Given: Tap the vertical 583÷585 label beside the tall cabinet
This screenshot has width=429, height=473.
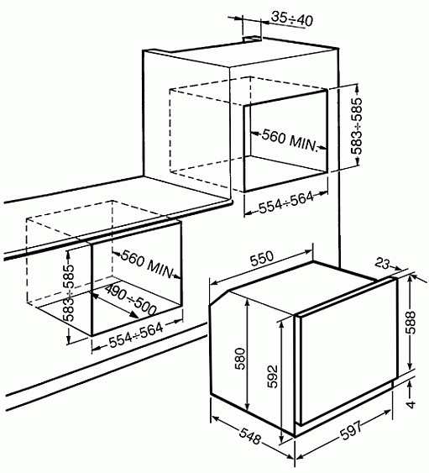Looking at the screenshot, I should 357,127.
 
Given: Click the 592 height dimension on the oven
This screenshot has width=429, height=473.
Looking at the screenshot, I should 270,373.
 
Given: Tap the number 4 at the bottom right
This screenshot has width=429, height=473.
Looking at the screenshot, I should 411,404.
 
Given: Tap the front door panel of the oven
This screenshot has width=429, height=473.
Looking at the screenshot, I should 344,361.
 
